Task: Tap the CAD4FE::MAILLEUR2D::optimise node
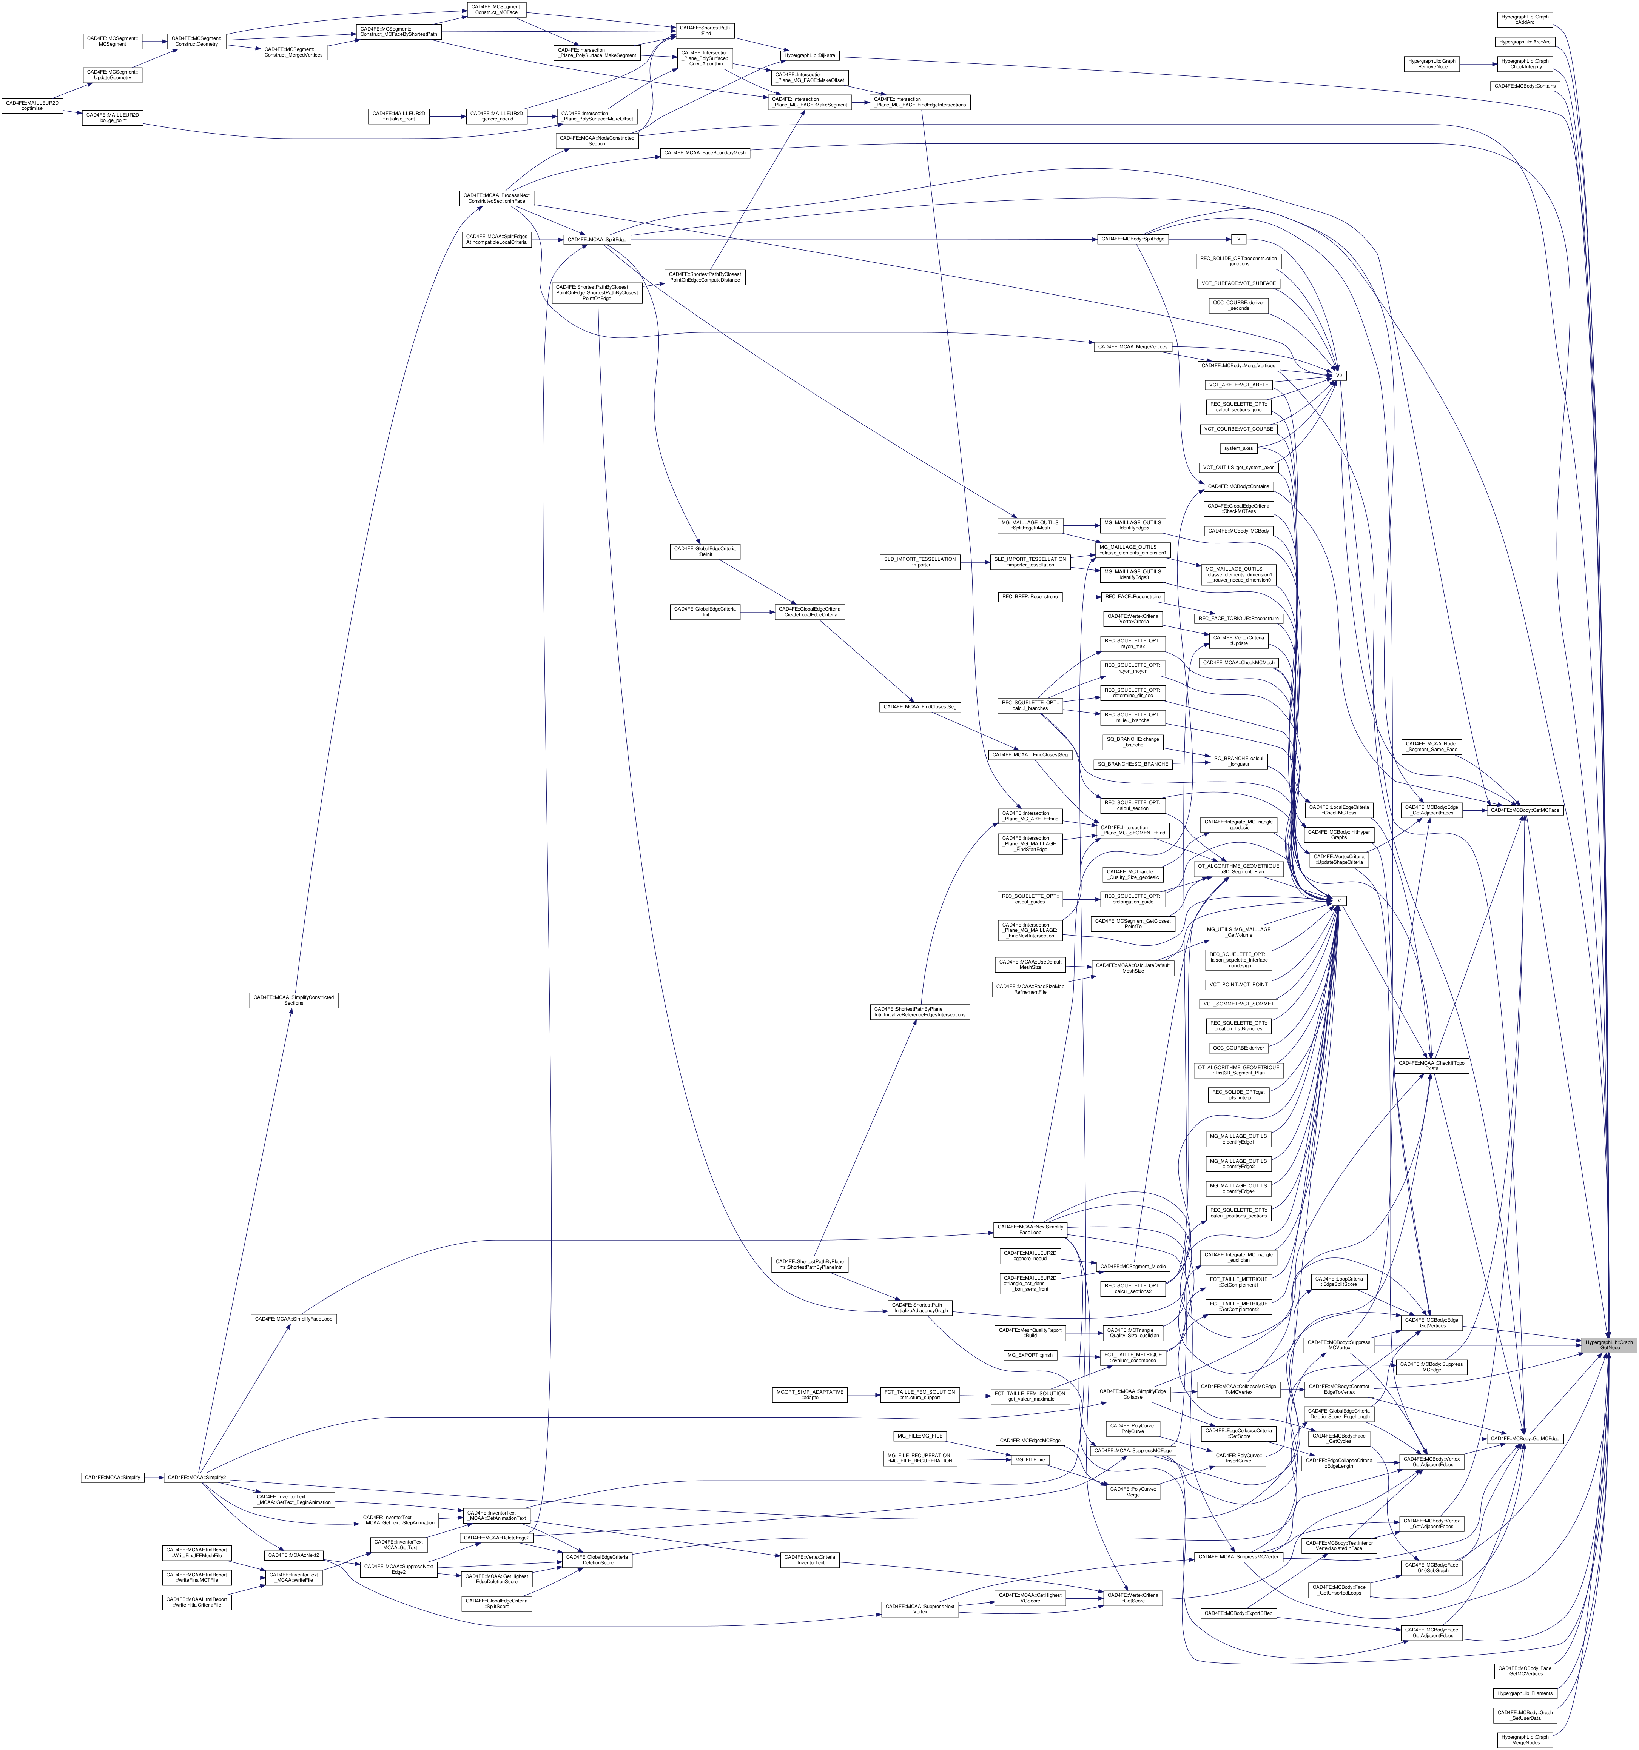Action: [32, 106]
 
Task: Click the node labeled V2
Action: [1339, 376]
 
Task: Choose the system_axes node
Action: [1238, 448]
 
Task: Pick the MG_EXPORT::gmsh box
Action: [1030, 1355]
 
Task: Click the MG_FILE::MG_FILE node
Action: [919, 1436]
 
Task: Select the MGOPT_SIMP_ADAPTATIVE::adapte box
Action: [809, 1395]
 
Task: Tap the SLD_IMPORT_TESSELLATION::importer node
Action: [920, 562]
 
